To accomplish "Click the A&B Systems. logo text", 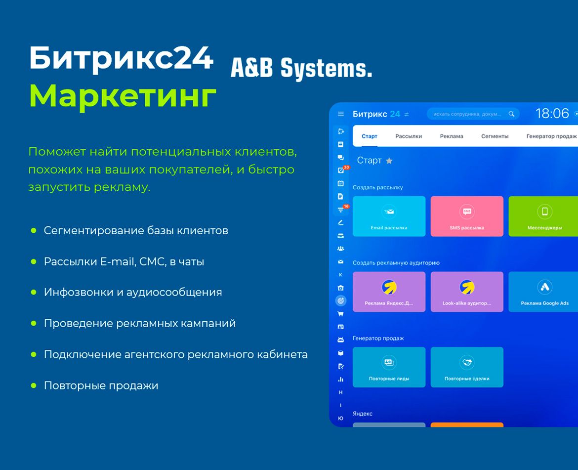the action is click(x=301, y=68).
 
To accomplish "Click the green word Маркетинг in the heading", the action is click(x=123, y=96).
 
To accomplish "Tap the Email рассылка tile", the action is click(x=389, y=216).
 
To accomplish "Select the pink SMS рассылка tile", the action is click(x=467, y=216).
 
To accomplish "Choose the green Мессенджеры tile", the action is click(x=543, y=216).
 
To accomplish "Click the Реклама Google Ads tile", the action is click(x=543, y=292).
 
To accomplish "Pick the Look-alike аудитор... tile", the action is click(x=467, y=292).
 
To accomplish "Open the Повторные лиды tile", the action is click(x=389, y=367).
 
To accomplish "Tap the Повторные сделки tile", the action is click(x=467, y=367).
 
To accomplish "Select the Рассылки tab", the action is click(x=409, y=136).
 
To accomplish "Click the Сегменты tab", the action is click(x=495, y=136).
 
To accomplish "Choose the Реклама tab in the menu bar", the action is click(x=452, y=136).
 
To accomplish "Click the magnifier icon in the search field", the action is click(x=511, y=114).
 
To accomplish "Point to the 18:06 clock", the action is click(x=552, y=114).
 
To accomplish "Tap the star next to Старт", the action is click(x=389, y=161).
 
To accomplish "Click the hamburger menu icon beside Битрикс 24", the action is click(x=340, y=114).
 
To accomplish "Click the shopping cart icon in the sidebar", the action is click(x=340, y=314).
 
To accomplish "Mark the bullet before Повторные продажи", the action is click(x=34, y=385).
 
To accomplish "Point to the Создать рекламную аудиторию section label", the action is click(x=396, y=263).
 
